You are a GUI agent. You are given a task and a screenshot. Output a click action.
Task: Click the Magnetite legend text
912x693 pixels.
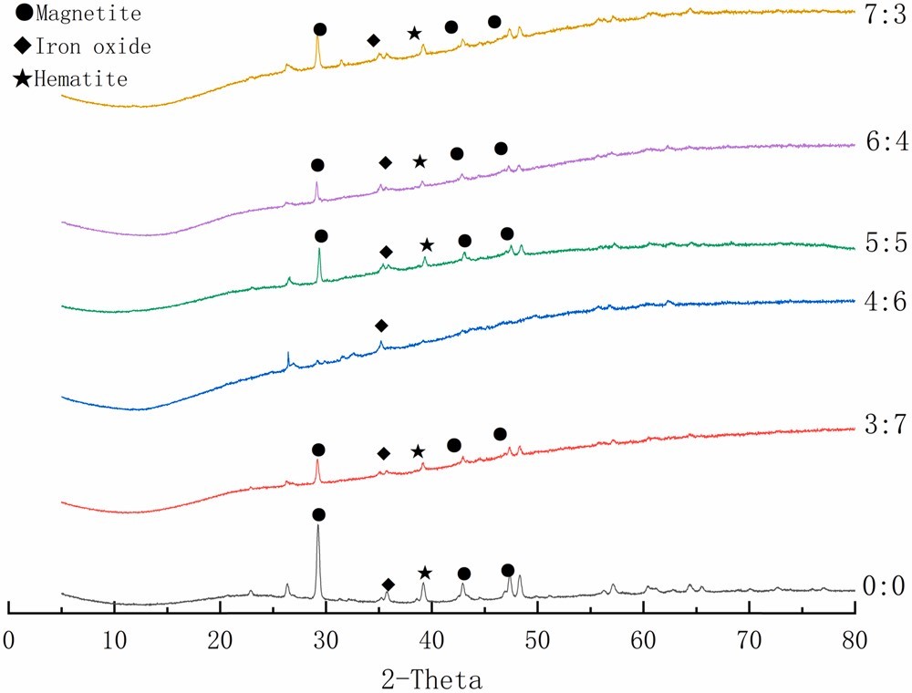point(88,14)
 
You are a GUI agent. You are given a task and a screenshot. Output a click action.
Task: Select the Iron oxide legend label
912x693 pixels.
point(93,47)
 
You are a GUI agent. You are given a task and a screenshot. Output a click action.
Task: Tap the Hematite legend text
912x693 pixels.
point(81,79)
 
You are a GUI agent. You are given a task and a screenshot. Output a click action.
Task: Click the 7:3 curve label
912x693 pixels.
point(886,15)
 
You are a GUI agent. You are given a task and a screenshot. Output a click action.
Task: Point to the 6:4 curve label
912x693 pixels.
point(886,141)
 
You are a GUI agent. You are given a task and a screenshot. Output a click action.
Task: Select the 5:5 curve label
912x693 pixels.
point(886,243)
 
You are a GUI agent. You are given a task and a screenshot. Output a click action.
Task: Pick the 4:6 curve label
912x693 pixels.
point(886,301)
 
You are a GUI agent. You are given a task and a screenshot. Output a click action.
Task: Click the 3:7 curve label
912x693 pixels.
point(886,424)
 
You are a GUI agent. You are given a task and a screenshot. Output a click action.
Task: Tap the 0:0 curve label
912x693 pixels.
point(884,586)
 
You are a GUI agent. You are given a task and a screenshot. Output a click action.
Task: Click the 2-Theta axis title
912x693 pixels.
point(431,679)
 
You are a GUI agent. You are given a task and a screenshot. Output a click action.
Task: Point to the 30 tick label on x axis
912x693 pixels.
point(326,641)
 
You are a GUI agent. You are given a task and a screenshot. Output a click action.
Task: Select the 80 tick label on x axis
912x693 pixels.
point(855,641)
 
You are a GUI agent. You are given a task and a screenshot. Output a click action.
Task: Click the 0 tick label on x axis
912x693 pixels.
point(9,641)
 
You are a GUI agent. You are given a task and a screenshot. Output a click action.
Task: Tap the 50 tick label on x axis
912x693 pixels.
point(537,641)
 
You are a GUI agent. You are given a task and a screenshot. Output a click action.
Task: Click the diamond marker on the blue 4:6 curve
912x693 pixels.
point(381,326)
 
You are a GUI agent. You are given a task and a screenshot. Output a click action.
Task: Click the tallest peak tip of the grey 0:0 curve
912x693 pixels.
point(317,525)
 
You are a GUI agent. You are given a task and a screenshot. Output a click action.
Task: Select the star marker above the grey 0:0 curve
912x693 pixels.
point(425,574)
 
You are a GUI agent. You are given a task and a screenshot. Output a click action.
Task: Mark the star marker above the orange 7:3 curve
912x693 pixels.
point(414,33)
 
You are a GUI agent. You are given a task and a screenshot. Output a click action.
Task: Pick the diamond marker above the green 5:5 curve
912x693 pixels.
point(386,253)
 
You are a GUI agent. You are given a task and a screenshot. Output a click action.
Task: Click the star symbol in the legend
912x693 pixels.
point(23,78)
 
